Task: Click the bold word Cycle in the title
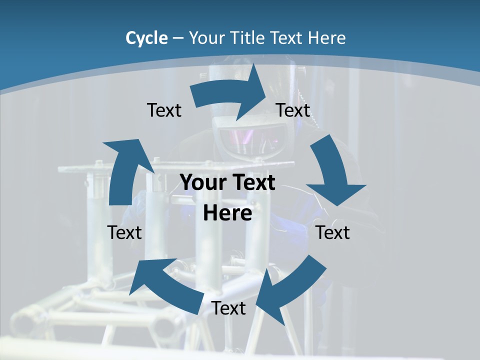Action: (x=146, y=38)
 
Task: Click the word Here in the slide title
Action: (x=327, y=38)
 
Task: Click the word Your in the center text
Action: (x=202, y=183)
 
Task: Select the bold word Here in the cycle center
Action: (x=227, y=213)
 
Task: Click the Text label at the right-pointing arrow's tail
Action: (x=164, y=110)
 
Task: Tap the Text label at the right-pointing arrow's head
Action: (x=293, y=110)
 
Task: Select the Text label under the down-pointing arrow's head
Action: (x=333, y=232)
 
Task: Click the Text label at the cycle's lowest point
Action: (x=228, y=308)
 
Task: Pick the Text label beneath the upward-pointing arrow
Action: (x=124, y=232)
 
